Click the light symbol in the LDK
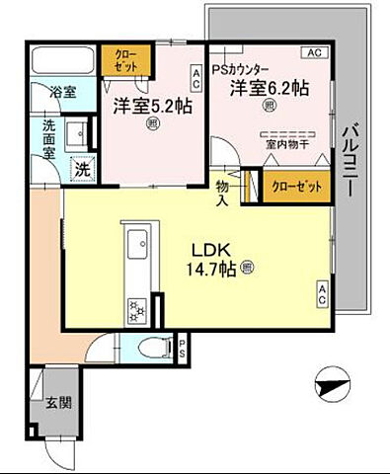pyautogui.click(x=245, y=268)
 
